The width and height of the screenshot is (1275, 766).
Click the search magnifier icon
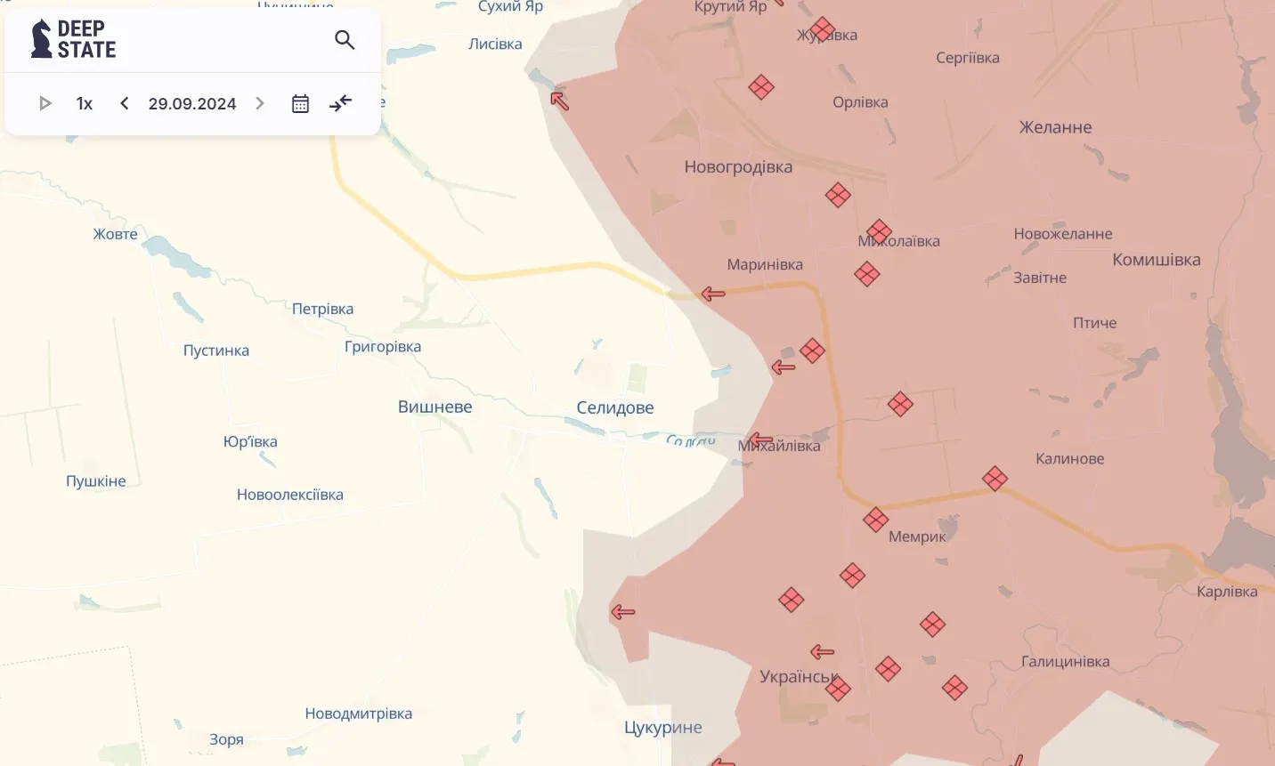[345, 40]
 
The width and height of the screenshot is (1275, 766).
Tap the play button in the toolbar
[45, 103]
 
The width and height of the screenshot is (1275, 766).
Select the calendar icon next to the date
[300, 103]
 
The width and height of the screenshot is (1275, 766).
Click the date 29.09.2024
[192, 103]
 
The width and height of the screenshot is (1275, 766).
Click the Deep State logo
[74, 39]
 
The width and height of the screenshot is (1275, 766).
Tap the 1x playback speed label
[85, 103]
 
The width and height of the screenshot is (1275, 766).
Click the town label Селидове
[614, 407]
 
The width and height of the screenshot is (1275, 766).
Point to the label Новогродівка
[738, 166]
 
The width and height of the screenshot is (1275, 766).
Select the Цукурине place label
[662, 728]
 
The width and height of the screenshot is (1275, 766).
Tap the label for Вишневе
[434, 407]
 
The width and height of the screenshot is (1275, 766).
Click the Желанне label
[1055, 127]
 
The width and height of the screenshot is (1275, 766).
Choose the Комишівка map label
[1156, 260]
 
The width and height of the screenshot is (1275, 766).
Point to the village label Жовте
[116, 234]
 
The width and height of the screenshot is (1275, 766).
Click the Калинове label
[1069, 459]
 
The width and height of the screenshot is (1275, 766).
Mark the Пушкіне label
[96, 481]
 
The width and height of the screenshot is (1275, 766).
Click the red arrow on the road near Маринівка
[713, 294]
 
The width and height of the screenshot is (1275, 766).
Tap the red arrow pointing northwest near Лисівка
[559, 101]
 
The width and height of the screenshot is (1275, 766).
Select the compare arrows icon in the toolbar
[340, 103]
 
